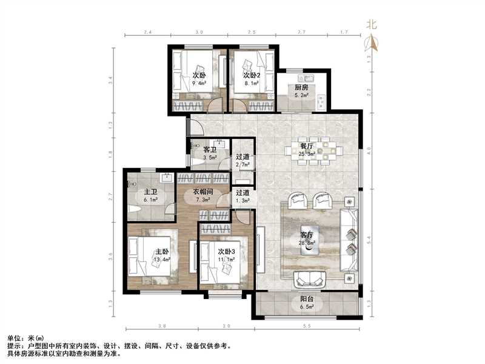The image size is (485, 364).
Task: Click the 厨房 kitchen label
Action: (301, 87)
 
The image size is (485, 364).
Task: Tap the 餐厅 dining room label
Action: (306, 146)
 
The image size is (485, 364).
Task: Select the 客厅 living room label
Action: (307, 235)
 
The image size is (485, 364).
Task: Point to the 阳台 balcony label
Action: (308, 299)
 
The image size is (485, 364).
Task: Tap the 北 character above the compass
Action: (372, 25)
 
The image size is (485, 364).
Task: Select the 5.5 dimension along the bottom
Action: (307, 327)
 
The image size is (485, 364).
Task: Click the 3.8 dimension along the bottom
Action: (162, 327)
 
